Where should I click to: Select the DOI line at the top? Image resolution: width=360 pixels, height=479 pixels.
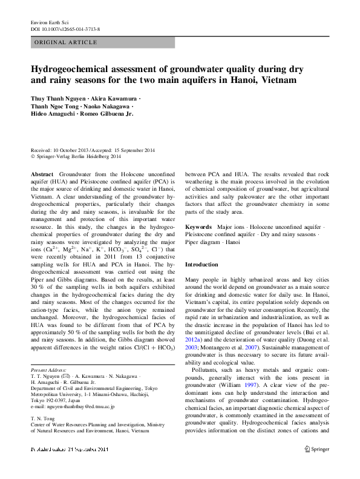click(x=65, y=29)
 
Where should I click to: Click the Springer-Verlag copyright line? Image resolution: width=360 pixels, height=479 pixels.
click(x=78, y=156)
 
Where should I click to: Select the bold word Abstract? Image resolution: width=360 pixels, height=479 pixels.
click(x=42, y=174)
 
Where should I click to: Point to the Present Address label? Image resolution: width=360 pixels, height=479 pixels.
click(x=48, y=370)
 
